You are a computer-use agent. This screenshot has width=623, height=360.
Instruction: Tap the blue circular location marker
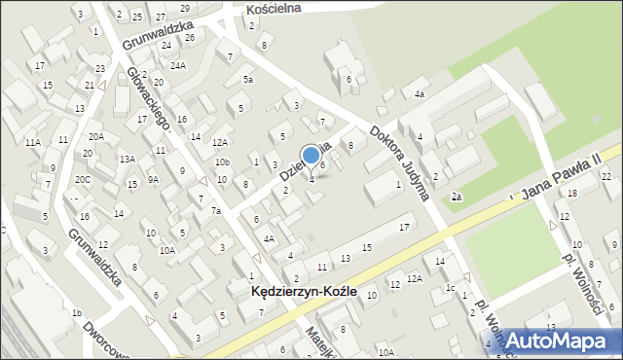[311, 155]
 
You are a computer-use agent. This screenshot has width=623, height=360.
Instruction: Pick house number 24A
[178, 65]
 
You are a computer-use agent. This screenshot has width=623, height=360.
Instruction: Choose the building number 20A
[96, 136]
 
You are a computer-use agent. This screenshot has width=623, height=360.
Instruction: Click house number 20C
[84, 179]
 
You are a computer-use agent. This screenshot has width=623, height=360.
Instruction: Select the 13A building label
[127, 159]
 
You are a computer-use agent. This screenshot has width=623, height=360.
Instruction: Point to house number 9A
[153, 179]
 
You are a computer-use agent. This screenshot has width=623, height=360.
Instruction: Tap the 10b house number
[222, 162]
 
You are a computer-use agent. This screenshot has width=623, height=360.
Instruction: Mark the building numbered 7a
[217, 210]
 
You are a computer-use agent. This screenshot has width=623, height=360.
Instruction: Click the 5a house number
[248, 79]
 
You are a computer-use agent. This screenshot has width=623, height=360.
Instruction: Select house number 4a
[419, 94]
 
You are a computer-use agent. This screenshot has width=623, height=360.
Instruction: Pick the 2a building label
[456, 197]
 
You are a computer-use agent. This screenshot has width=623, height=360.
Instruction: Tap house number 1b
[76, 312]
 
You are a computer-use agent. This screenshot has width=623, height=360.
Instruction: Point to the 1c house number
[451, 288]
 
